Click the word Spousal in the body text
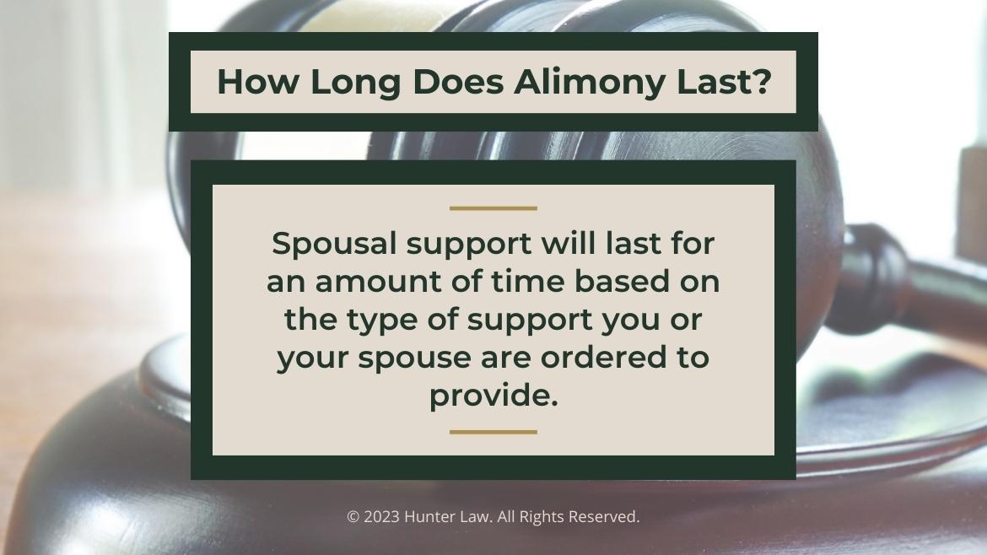[x=333, y=245]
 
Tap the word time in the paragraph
[x=526, y=282]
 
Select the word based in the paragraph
[x=623, y=282]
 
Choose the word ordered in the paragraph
[x=597, y=358]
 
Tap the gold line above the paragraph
[x=493, y=207]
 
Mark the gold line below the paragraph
[x=493, y=432]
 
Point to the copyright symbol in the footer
[x=353, y=517]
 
